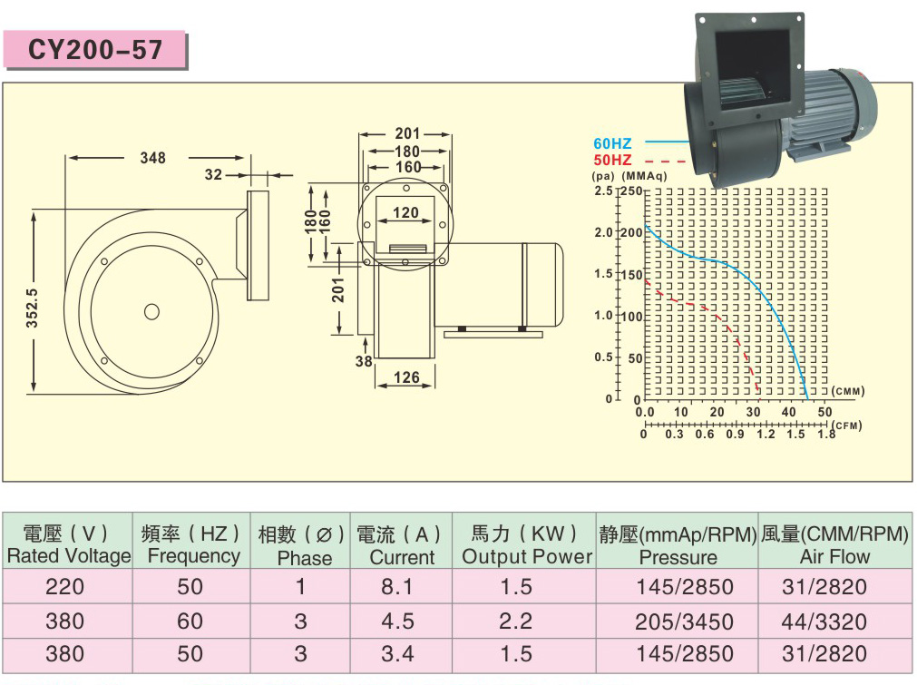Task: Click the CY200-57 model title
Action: (x=95, y=49)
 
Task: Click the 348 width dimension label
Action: (x=152, y=158)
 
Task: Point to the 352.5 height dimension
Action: (x=33, y=308)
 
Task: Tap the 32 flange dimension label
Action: (x=213, y=174)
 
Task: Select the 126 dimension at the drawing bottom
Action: (x=406, y=377)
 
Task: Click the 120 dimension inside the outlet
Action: (x=405, y=213)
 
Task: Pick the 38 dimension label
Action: (x=364, y=361)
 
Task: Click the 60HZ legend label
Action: (x=612, y=143)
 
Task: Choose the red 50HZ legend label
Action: (x=612, y=160)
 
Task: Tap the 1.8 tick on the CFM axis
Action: (x=826, y=435)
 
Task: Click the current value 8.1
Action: (x=397, y=588)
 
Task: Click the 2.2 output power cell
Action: (x=516, y=621)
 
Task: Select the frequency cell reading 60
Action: (x=190, y=621)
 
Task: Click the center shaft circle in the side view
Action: (x=151, y=311)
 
